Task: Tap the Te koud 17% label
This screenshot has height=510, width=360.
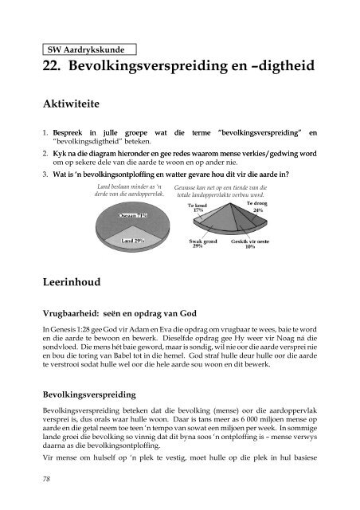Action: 198,206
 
